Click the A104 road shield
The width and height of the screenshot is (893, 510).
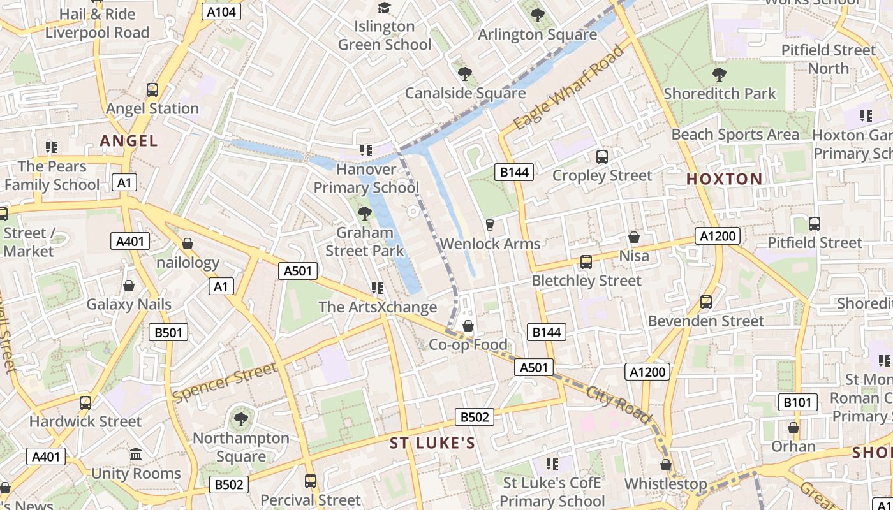(221, 11)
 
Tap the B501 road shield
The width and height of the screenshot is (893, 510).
(168, 331)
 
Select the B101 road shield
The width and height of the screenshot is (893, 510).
(797, 402)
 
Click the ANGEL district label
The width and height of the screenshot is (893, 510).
(128, 141)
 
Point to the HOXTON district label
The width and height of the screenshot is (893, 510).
(724, 179)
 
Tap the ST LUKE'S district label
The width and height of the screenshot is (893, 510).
(432, 443)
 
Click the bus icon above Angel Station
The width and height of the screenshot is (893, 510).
(152, 90)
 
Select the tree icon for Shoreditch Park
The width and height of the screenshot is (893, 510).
(720, 75)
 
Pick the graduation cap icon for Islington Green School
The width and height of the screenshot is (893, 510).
(384, 8)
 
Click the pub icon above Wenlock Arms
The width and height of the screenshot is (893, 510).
(490, 224)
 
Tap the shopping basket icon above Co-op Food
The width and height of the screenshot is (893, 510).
(468, 326)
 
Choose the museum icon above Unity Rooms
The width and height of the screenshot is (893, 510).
(136, 455)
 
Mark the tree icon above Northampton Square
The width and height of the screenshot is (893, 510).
(240, 419)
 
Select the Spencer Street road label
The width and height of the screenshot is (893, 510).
(225, 381)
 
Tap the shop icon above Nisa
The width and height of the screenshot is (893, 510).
(634, 237)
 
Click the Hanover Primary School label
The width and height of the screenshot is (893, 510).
(366, 178)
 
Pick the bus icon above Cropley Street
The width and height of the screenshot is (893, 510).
(601, 156)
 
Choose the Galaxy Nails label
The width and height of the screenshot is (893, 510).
(129, 304)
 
